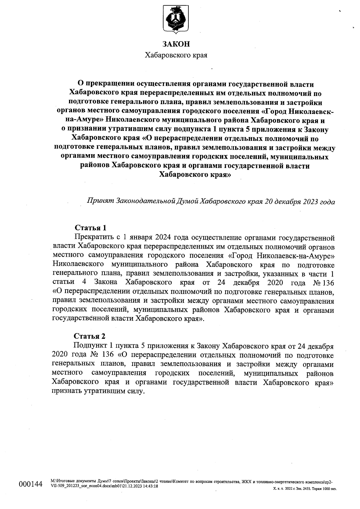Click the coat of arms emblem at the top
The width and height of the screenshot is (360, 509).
pos(176,19)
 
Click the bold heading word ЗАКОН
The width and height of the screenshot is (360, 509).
pos(176,44)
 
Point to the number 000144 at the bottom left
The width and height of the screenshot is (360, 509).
pos(31,484)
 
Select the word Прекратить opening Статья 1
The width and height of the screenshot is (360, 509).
pos(94,237)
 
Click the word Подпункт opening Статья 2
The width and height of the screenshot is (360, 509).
pos(90,346)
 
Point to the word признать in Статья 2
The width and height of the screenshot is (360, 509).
pos(66,391)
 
